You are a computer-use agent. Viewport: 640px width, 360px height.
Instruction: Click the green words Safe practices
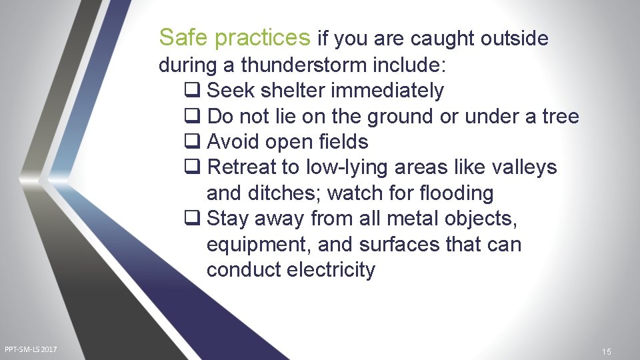point(235,39)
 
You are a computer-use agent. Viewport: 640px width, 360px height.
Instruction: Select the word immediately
point(393,91)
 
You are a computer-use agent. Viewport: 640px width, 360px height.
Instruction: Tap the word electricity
point(331,270)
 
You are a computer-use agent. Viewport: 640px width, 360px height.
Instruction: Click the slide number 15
point(606,351)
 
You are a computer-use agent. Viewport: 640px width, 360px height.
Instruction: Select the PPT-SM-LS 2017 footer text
point(31,350)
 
